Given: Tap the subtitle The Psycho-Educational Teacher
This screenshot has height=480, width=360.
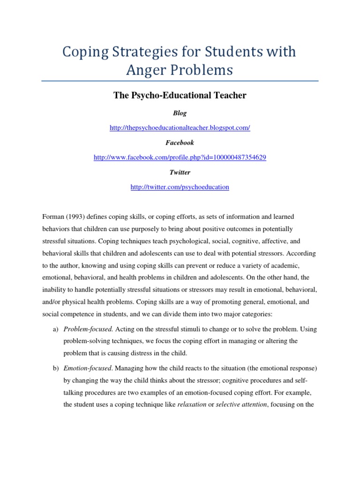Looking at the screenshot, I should point(180,96).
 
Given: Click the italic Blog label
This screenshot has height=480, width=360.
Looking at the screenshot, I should point(180,113).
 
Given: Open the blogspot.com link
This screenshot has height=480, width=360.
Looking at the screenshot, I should point(180,128).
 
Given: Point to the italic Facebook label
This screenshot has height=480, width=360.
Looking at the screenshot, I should point(180,142).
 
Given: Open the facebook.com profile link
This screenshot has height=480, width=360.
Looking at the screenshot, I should point(180,157).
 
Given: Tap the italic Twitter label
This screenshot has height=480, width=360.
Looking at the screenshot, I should point(180,172).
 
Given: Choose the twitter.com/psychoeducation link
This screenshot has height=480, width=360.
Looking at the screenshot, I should point(180,187).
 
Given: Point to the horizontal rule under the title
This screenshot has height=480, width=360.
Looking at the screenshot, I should point(180,81).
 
